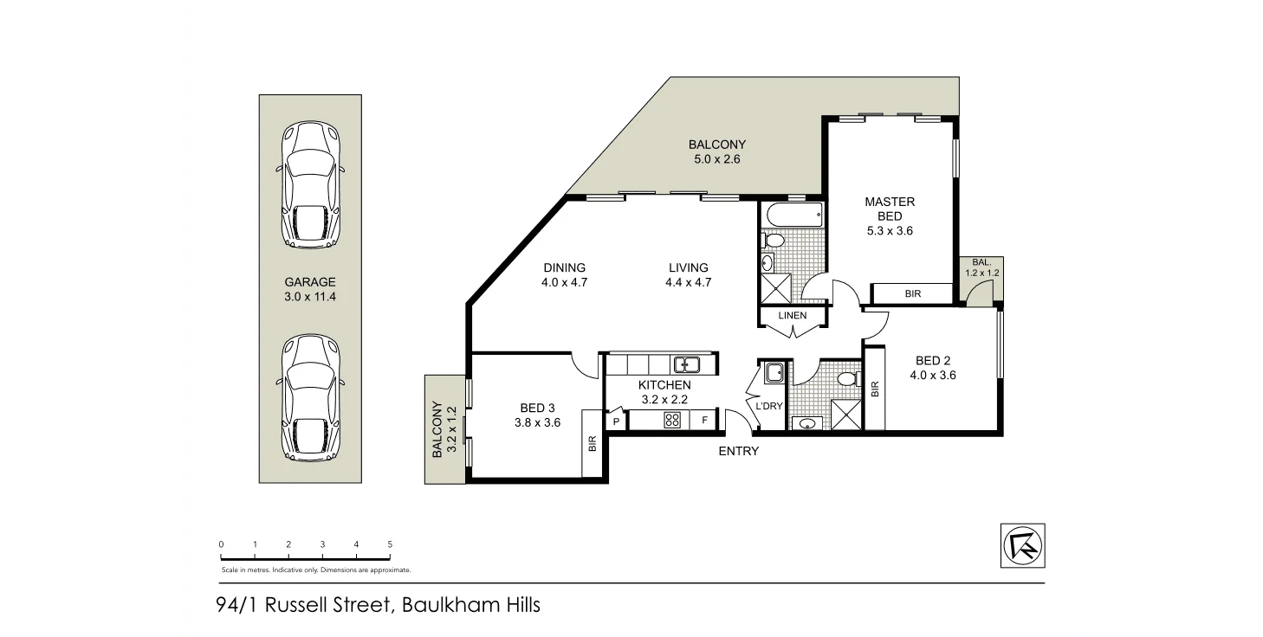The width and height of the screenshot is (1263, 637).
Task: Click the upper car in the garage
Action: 310,184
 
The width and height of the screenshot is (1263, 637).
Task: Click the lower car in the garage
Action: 310,397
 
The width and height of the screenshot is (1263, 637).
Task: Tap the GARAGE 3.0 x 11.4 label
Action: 309,289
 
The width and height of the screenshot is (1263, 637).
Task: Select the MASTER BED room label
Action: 890,209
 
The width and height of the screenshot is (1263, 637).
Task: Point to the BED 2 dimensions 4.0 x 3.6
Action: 932,376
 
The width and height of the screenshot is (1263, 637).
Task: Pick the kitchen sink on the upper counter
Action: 687,364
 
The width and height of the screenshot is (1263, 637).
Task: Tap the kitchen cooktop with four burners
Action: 671,421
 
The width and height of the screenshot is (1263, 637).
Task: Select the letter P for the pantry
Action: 617,421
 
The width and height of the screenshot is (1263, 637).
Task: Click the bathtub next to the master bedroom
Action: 792,214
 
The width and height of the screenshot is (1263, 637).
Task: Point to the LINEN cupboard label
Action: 792,316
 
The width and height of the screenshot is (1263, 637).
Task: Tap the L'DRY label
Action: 769,406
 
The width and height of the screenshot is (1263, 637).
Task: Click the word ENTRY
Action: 738,451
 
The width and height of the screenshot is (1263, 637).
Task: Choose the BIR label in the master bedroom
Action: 912,294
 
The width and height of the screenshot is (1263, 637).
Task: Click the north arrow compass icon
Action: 1022,545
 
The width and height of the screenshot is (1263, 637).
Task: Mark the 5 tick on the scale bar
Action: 390,544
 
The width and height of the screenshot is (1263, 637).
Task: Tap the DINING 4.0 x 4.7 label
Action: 565,274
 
